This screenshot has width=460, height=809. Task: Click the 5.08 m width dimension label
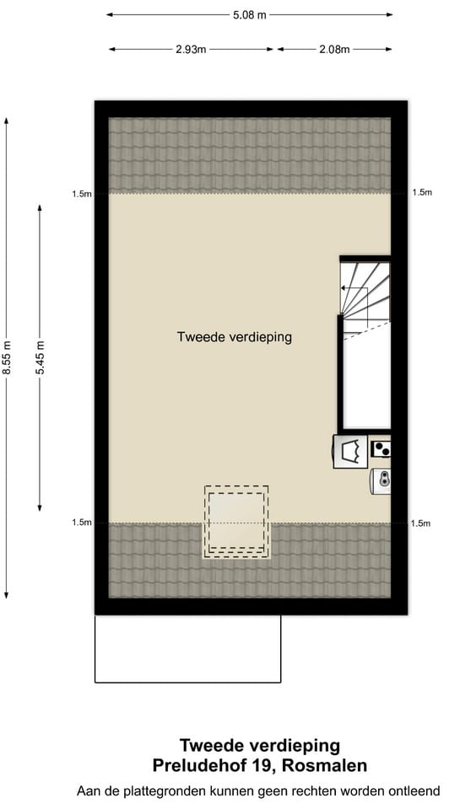point(249,14)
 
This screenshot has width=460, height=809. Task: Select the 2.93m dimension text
point(191,49)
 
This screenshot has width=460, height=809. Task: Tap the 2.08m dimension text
point(333,49)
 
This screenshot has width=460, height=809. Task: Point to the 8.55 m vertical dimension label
point(7,356)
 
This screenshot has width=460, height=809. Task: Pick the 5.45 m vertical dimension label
point(40,356)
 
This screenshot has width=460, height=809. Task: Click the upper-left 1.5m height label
point(82,194)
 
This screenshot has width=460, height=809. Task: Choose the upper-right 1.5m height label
point(422,193)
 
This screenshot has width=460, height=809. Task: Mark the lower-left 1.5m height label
point(82,523)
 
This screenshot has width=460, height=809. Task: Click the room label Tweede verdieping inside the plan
point(234,337)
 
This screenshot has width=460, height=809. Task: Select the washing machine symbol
point(350,451)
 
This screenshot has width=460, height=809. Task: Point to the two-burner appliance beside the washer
point(382,449)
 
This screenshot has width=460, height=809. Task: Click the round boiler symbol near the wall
point(382,480)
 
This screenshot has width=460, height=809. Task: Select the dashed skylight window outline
point(236,521)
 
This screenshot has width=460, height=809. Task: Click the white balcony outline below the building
point(187,648)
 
